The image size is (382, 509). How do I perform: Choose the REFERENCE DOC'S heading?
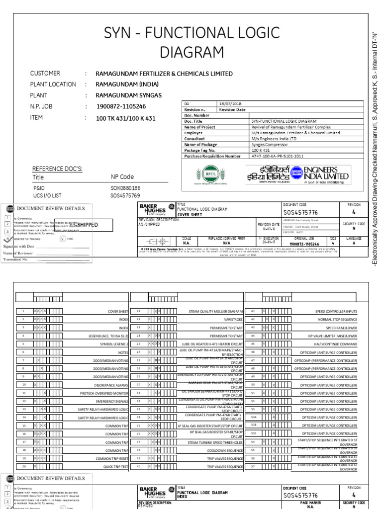pos(57,169)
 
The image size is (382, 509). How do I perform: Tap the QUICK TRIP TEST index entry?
pos(112,467)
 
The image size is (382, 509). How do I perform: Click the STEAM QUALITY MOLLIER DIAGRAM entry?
pos(215,311)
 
